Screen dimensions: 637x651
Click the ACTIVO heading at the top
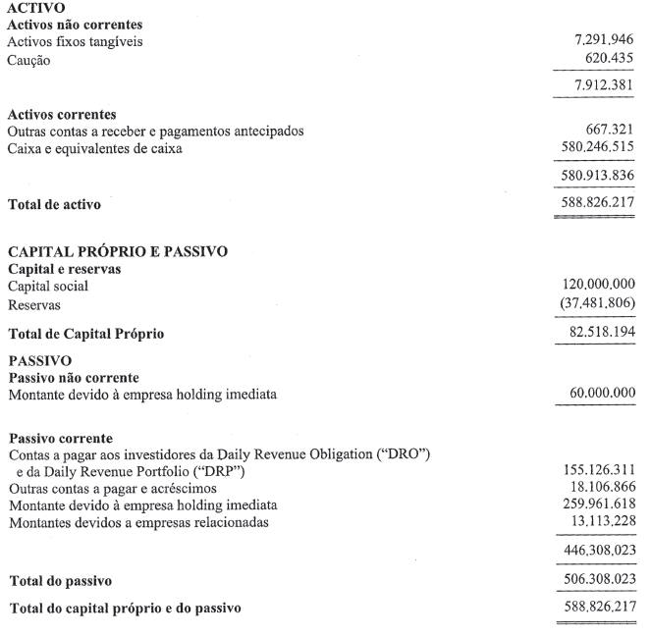(35, 8)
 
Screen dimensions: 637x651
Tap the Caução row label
(29, 60)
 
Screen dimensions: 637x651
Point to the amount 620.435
(610, 59)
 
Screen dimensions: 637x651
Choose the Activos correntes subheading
(61, 115)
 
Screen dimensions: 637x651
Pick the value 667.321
(610, 131)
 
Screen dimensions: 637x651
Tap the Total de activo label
(54, 205)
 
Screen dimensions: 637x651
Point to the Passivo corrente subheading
(60, 438)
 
